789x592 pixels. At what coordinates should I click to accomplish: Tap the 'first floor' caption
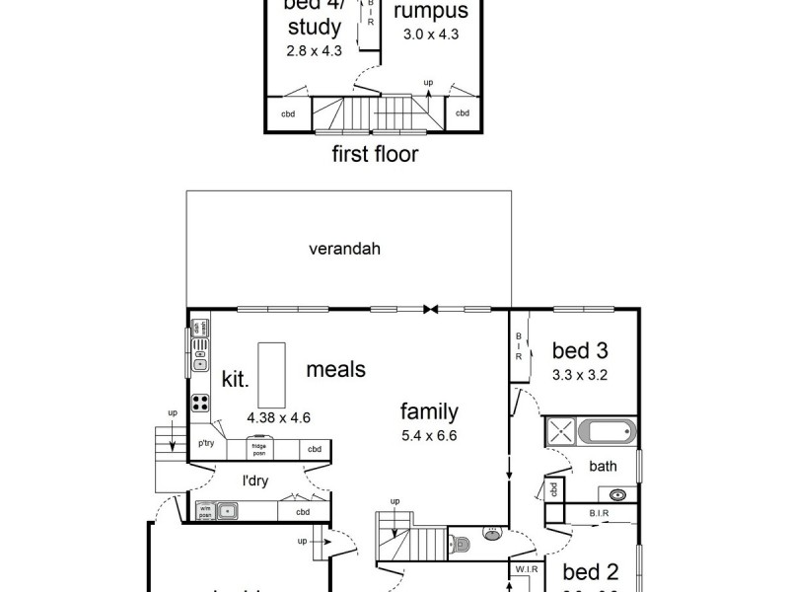(374, 154)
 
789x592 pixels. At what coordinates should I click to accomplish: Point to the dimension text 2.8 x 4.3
(313, 51)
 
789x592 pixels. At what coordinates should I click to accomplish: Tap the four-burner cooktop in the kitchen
(200, 402)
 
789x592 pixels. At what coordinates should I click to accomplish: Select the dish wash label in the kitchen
(197, 328)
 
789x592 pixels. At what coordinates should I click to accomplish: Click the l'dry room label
(257, 481)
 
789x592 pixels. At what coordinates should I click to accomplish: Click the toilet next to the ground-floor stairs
(460, 542)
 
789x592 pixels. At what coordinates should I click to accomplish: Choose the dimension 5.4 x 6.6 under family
(429, 435)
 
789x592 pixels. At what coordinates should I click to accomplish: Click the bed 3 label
(578, 350)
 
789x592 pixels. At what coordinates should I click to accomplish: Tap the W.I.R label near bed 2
(522, 569)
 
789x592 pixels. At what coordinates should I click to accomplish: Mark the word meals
(335, 370)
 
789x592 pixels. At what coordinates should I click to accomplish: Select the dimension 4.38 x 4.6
(279, 417)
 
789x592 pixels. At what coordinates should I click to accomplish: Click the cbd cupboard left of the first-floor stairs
(289, 113)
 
